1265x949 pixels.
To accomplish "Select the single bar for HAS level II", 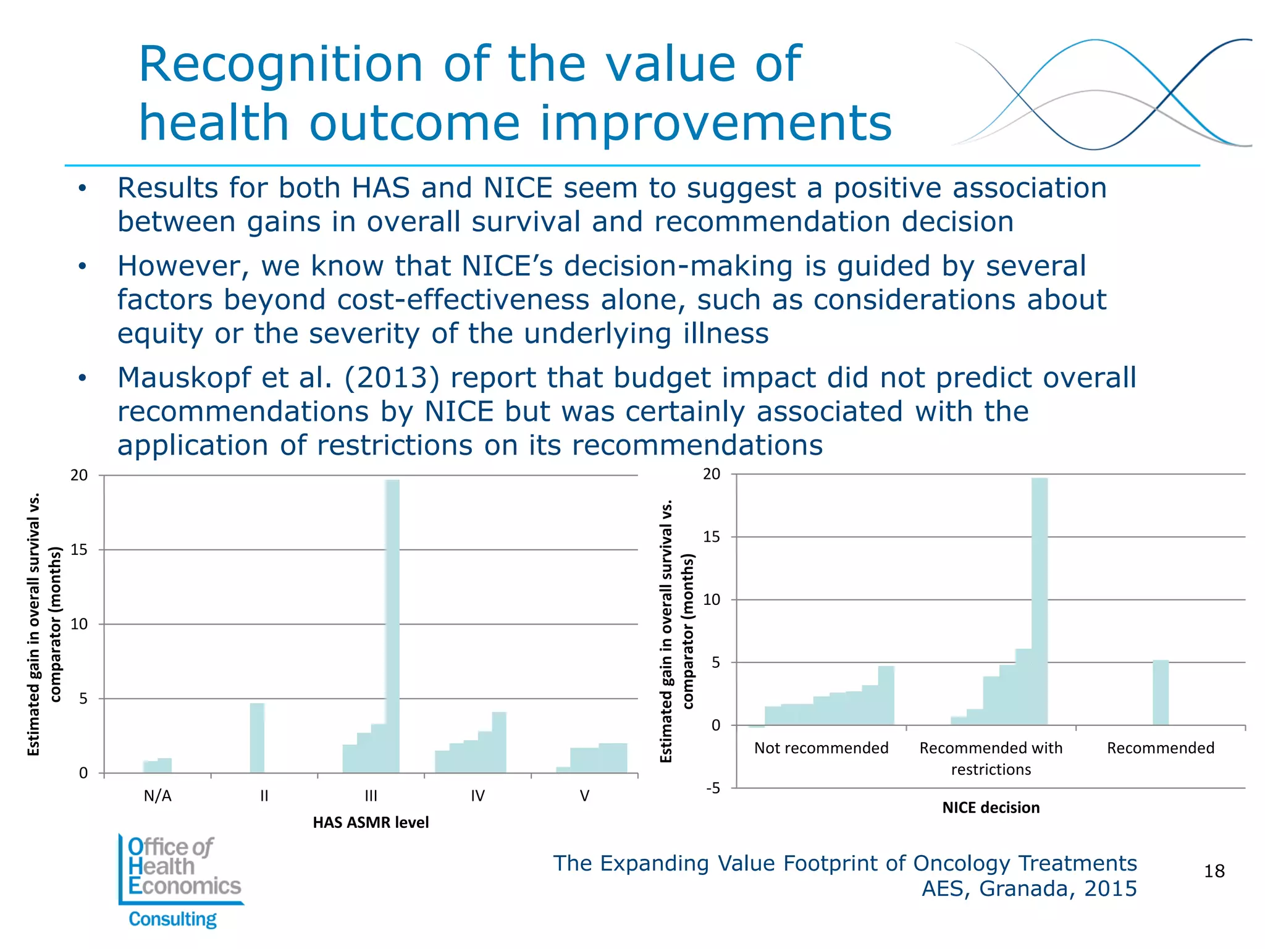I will (257, 738).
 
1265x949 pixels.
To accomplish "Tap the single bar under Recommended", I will (1160, 693).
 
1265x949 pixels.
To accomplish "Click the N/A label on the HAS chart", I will (158, 796).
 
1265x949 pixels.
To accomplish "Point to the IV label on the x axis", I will (477, 796).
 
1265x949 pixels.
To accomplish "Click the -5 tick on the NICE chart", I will (713, 788).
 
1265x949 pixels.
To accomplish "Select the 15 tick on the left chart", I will (79, 550).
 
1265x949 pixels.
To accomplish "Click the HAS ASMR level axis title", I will (371, 822).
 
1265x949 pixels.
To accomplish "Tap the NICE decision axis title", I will (991, 808).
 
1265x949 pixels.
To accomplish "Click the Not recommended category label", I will (821, 748).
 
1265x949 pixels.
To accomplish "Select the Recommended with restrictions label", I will (991, 758).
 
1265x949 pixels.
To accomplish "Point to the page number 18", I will (1214, 871).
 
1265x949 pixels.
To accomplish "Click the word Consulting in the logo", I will (172, 919).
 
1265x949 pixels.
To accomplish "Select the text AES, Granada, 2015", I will (1029, 888).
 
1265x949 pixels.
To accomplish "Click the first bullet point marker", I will (83, 188).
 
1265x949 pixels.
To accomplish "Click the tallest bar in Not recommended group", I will (886, 695).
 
